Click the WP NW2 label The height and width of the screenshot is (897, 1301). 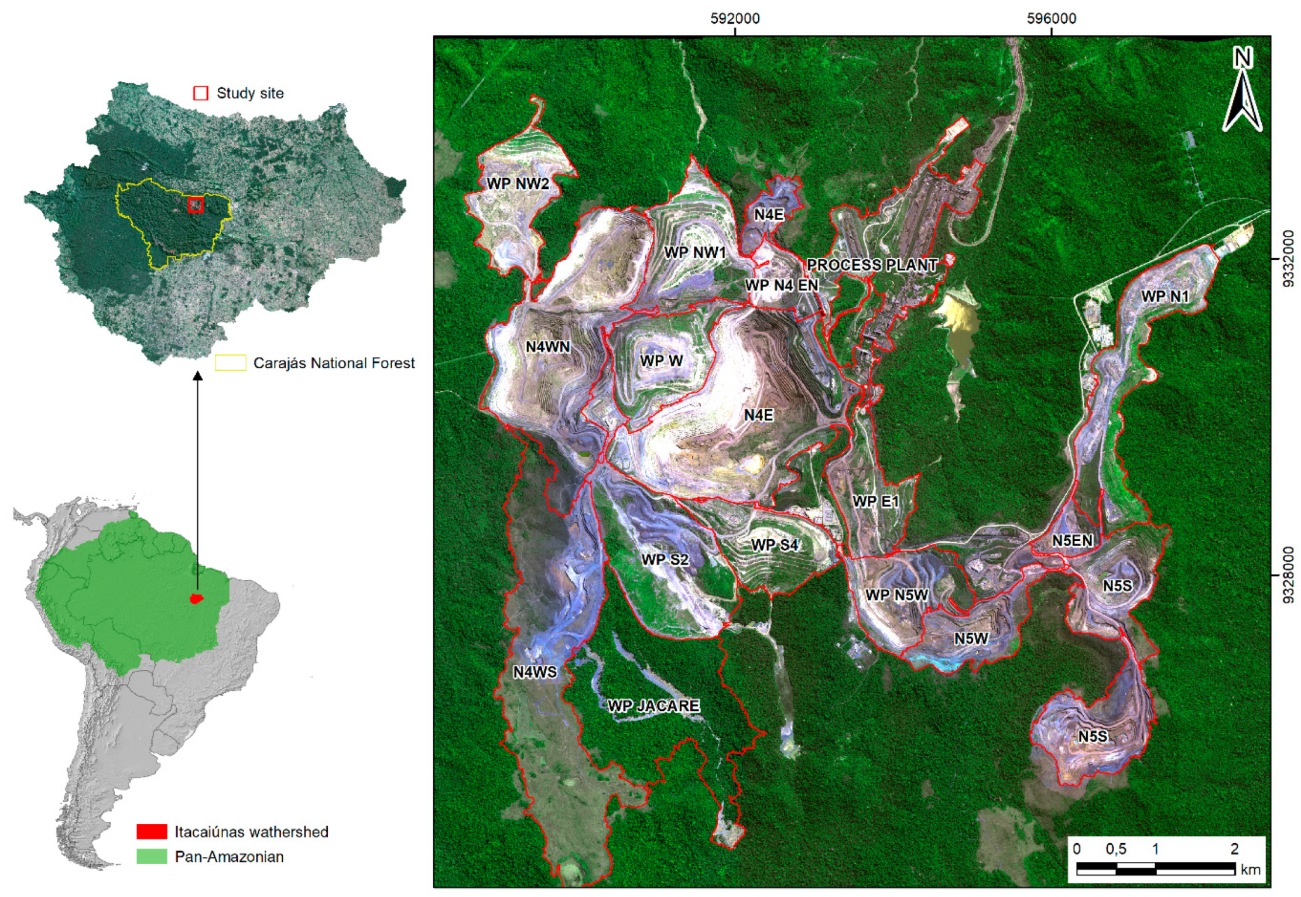[x=518, y=184]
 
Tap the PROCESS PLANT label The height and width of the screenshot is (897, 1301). [x=872, y=265]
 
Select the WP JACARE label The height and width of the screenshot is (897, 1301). [x=653, y=706]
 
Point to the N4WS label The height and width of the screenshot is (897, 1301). [x=535, y=672]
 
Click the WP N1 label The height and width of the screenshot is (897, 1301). [x=1165, y=297]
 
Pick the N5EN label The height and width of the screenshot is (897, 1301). [x=1072, y=540]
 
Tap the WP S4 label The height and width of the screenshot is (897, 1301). [x=775, y=545]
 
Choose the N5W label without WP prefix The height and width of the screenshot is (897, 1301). [x=971, y=639]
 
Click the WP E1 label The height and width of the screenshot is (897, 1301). [x=875, y=502]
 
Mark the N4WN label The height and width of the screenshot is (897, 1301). [x=547, y=347]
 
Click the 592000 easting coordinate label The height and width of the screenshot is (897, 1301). [x=735, y=19]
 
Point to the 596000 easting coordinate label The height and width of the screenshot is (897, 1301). [x=1052, y=19]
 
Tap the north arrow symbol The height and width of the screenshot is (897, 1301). [x=1242, y=91]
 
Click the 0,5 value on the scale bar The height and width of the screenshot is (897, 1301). [x=1116, y=848]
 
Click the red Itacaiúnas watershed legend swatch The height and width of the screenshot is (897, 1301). [x=152, y=831]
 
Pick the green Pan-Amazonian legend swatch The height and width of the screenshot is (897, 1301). [x=152, y=857]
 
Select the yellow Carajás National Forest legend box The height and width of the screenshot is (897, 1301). [x=230, y=363]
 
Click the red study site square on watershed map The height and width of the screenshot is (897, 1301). [x=196, y=205]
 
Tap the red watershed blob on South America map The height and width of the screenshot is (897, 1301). [x=197, y=598]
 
